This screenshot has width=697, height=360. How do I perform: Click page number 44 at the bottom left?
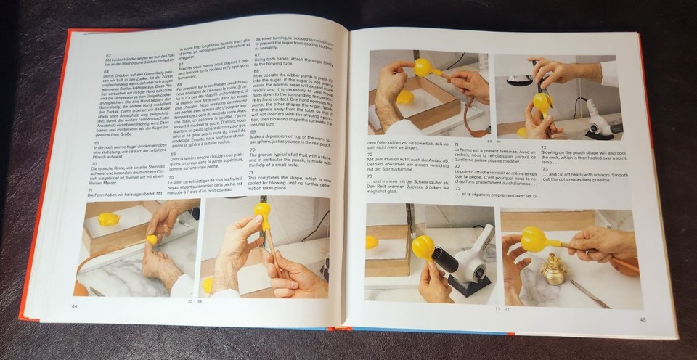point(74,306)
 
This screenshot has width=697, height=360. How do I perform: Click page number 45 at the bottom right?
point(642,319)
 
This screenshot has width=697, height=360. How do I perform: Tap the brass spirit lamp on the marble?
point(554,269)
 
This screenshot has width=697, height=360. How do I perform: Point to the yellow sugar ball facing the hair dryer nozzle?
point(423,247)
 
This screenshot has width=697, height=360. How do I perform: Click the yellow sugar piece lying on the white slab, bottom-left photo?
point(108,219)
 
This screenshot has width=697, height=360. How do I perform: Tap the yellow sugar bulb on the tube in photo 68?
point(262,212)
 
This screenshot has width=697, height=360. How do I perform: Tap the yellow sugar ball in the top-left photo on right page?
point(423,67)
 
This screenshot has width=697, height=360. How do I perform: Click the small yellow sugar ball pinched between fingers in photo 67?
point(152,239)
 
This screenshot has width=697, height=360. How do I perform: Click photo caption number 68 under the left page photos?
point(200,300)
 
